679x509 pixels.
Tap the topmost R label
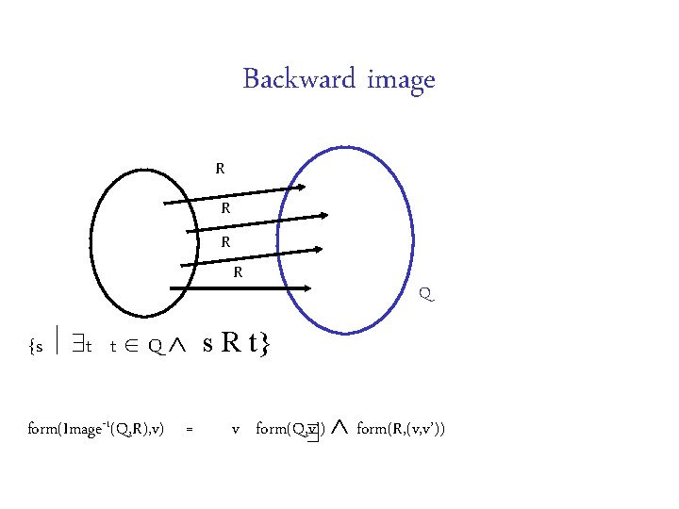click(220, 170)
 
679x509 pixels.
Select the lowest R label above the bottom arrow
click(239, 273)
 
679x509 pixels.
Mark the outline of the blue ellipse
click(412, 236)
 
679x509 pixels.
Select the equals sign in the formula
click(190, 430)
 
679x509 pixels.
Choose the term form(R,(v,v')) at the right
click(401, 430)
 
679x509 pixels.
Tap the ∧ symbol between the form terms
click(340, 429)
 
